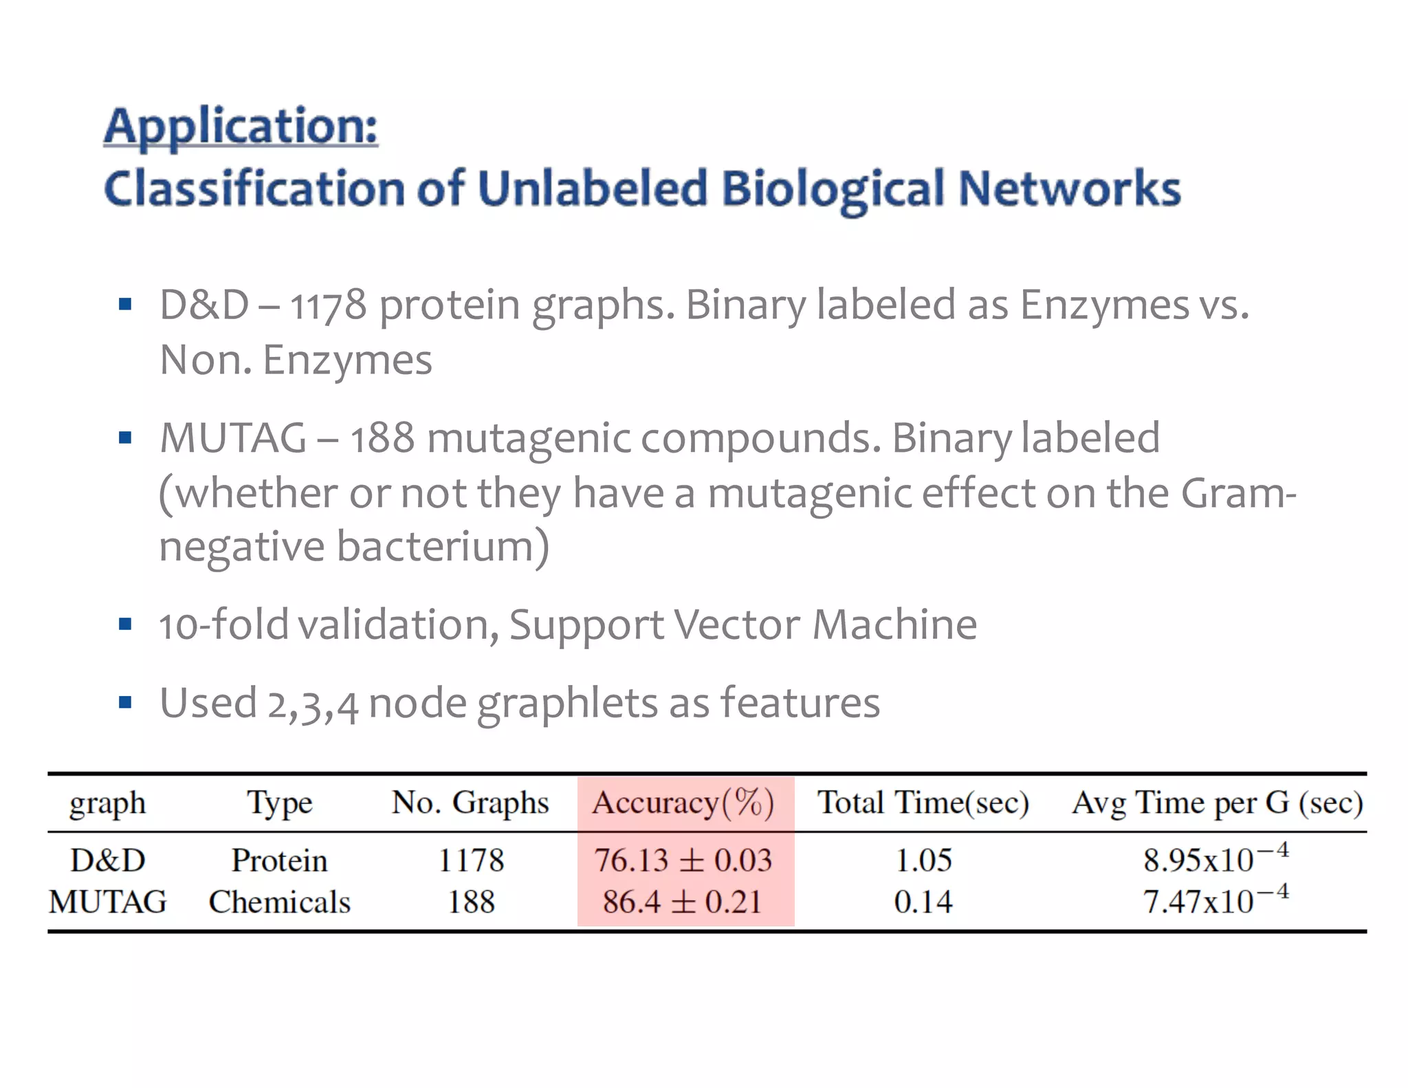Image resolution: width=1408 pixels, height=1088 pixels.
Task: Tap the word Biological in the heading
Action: point(832,188)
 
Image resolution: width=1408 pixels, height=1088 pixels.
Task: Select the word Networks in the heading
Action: point(1068,188)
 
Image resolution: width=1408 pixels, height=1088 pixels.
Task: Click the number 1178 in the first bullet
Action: point(328,305)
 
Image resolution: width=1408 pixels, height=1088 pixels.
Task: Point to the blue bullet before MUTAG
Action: point(124,438)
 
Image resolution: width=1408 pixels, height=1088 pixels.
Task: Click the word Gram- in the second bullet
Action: point(1238,493)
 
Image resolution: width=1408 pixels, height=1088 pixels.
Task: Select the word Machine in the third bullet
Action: point(894,625)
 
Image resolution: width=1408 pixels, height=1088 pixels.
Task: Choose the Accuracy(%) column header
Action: point(683,803)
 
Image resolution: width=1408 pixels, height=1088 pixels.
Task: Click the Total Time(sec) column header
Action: point(923,803)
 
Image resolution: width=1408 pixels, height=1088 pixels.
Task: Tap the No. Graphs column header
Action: point(470,803)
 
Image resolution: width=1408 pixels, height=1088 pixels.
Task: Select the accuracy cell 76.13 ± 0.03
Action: point(683,860)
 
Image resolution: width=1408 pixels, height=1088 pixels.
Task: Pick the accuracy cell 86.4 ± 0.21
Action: point(683,902)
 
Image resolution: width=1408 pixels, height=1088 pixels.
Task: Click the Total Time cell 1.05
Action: point(923,860)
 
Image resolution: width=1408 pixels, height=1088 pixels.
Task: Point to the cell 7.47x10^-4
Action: point(1215,901)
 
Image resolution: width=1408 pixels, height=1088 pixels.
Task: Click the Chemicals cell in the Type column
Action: point(280,902)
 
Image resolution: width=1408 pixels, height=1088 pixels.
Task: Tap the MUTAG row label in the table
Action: point(108,902)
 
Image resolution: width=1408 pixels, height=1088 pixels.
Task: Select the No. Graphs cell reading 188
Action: point(471,902)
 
